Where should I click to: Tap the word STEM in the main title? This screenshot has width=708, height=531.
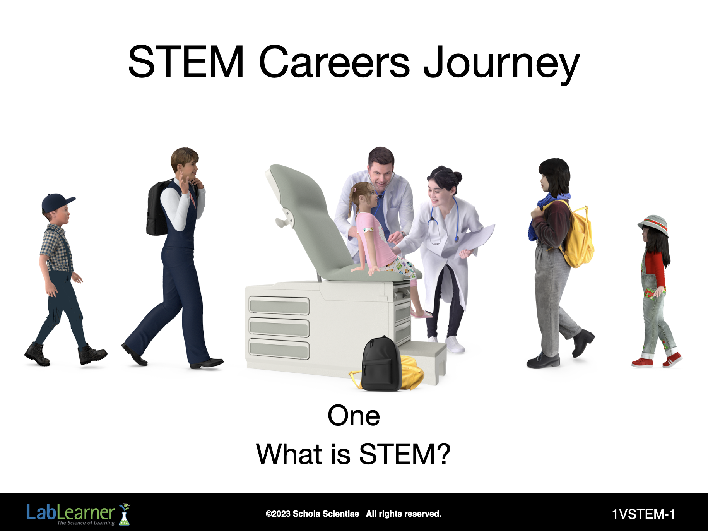[x=186, y=62]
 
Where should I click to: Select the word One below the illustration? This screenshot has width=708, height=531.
[x=354, y=416]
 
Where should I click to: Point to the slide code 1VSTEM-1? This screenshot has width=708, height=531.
[x=643, y=514]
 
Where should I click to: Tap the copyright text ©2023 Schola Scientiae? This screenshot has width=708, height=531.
[x=312, y=514]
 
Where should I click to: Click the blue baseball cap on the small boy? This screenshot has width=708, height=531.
[x=57, y=202]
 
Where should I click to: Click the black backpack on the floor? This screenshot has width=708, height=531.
[x=381, y=364]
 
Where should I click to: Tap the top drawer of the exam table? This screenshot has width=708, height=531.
[x=279, y=306]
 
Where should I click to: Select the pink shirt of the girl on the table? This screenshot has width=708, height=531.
[x=372, y=239]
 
